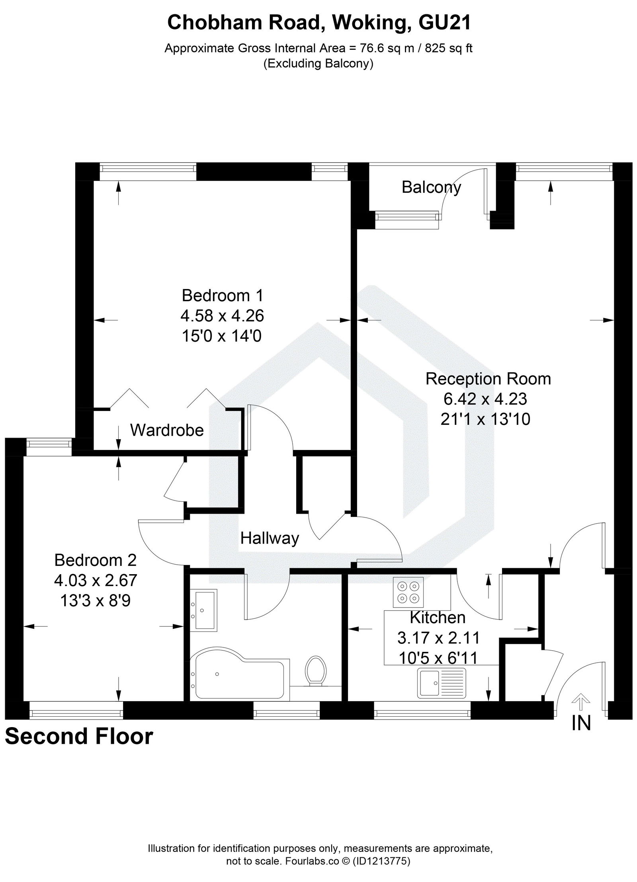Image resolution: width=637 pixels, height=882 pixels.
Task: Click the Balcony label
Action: coord(431,187)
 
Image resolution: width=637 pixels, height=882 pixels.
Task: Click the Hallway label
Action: coord(270,538)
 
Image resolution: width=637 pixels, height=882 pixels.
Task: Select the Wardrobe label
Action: coord(167,430)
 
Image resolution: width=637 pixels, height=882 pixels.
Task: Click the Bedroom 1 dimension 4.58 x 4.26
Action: coord(222,316)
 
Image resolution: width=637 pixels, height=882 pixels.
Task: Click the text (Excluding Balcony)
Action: coord(318,64)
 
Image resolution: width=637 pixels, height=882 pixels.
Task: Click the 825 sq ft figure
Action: coord(449,49)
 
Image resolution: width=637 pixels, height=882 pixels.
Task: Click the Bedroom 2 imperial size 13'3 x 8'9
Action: coord(96,600)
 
